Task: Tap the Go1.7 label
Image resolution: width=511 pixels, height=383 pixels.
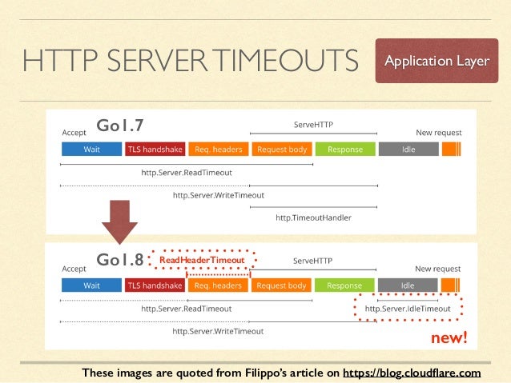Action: point(119,126)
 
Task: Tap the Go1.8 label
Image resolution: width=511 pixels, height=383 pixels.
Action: point(119,260)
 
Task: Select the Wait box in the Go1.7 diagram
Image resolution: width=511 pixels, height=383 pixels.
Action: point(91,150)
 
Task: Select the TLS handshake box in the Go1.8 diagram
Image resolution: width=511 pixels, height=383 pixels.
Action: point(155,285)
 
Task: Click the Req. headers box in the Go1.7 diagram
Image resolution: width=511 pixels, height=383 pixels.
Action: point(219,150)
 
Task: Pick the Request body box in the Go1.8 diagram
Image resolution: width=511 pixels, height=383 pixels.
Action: point(281,285)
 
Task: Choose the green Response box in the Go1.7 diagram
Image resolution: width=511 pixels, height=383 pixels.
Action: point(344,150)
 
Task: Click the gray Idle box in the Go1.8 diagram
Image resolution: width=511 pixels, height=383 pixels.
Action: point(408,285)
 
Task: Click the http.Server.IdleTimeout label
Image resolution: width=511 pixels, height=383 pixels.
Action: point(408,308)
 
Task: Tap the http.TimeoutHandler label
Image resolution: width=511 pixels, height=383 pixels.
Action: point(313,217)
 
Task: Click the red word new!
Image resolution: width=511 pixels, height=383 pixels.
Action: point(449,338)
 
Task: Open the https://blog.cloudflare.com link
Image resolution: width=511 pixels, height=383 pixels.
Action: point(412,373)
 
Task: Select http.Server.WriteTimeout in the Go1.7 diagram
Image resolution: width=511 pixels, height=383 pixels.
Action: point(219,194)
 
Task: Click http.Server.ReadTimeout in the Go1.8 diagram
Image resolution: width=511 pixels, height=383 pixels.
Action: point(186,308)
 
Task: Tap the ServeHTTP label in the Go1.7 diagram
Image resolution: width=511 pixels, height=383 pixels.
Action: point(313,125)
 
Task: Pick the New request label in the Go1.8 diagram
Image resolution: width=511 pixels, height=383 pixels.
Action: point(438,269)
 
